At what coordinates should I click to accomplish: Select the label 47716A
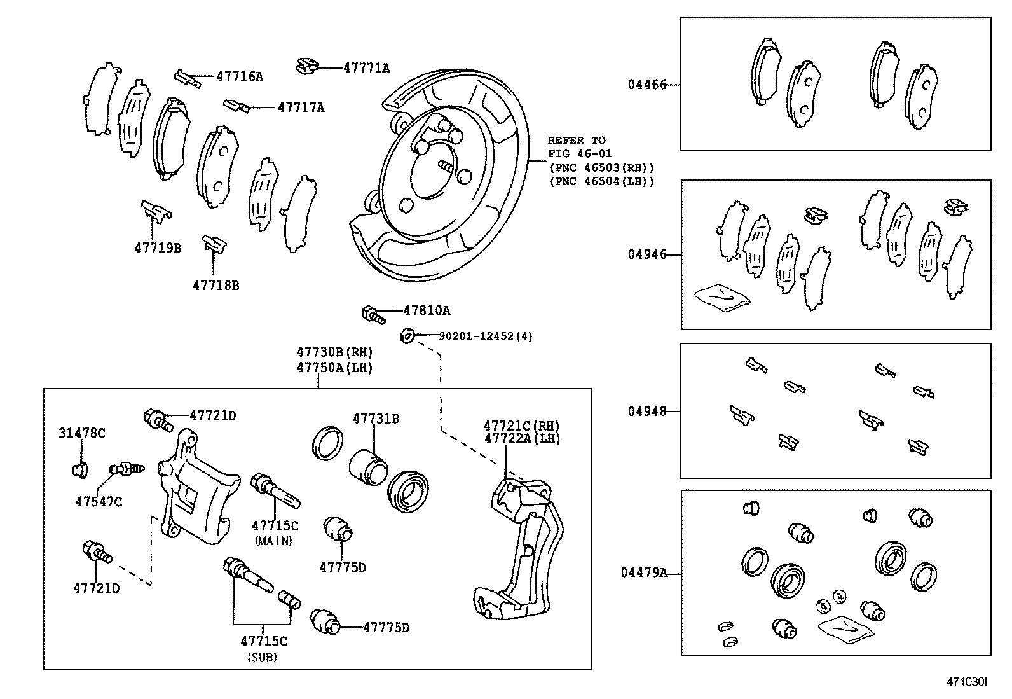(x=239, y=76)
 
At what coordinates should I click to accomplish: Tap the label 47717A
(x=301, y=107)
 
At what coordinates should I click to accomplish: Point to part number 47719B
(x=157, y=247)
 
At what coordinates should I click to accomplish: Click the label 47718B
(x=215, y=286)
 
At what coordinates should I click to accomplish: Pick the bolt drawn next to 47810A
(x=373, y=314)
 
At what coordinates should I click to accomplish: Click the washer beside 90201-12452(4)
(x=407, y=335)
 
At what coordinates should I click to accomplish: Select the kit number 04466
(x=647, y=85)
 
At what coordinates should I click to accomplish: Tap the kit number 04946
(x=647, y=254)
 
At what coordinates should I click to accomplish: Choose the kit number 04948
(x=647, y=411)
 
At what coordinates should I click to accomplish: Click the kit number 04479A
(x=644, y=572)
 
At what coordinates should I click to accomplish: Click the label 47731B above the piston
(x=376, y=419)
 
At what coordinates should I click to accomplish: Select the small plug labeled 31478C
(x=79, y=471)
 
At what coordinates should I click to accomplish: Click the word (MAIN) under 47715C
(x=274, y=541)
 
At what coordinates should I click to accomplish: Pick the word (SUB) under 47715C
(x=262, y=658)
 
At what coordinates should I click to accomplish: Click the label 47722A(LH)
(x=522, y=438)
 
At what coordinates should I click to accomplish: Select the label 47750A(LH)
(x=334, y=368)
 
